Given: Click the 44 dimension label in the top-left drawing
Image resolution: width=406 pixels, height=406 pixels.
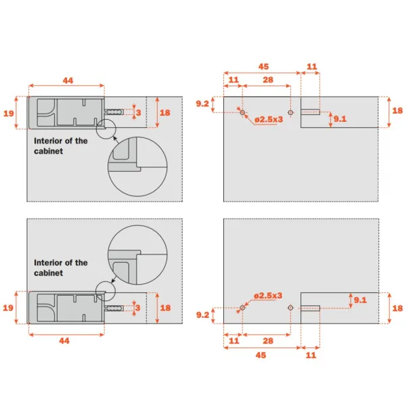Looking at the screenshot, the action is coord(68,81).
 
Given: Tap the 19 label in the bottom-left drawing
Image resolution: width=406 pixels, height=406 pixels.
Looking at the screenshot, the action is coord(8,308).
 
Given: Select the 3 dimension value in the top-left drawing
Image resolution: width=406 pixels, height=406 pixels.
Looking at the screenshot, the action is coord(139,112).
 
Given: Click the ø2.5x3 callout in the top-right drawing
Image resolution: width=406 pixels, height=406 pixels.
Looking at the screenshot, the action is coord(269,120).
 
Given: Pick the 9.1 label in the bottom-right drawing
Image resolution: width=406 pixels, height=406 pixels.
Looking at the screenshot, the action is coord(360,300).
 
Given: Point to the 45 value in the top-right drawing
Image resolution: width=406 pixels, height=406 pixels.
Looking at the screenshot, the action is coord(264,66).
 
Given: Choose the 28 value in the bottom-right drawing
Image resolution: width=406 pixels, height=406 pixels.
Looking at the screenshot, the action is coord(268,341).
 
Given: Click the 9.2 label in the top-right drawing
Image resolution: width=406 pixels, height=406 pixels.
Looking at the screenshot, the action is coord(202,104).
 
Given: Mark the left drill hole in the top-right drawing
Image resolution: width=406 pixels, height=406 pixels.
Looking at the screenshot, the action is coord(242,112).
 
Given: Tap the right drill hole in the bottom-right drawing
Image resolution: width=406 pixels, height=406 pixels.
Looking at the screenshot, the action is coord(290,308).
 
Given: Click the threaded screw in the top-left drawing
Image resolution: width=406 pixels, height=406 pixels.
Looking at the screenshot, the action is coord(114,112).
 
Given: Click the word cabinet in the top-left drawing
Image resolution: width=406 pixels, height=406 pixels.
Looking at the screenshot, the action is coord(49,151).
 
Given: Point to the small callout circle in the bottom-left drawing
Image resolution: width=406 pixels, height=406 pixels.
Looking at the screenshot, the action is coord(106,291).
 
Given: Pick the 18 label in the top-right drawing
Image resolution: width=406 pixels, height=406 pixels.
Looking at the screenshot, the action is coord(397,110).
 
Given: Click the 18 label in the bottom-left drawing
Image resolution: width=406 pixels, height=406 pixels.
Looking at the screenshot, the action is coord(165,308).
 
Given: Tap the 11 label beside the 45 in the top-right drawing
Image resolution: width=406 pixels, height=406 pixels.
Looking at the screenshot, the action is coord(312,66).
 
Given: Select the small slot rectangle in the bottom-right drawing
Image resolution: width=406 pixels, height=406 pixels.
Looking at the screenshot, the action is coord(310,308).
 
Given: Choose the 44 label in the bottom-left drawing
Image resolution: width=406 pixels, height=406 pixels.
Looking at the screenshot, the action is coord(64,341).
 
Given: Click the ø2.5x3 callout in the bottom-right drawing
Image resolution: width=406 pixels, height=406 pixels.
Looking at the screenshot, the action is coord(268,296).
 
